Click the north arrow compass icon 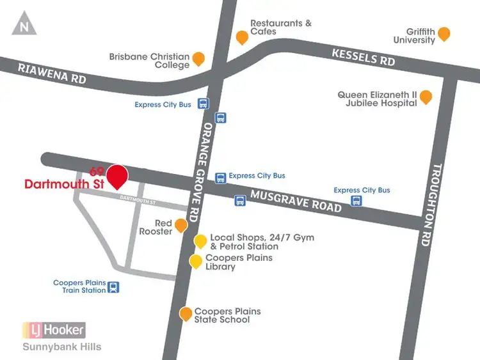tap(24, 25)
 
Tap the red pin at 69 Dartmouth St tap(117, 176)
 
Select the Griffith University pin tap(444, 34)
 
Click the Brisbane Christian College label tap(150, 61)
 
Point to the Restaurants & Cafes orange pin tap(242, 37)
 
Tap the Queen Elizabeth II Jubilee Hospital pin tap(426, 97)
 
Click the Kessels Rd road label tap(363, 57)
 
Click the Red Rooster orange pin tap(181, 225)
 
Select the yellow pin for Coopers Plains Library tap(195, 261)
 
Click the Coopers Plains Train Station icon tap(113, 287)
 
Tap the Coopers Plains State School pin tap(186, 313)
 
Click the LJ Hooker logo tap(54, 330)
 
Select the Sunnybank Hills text tap(61, 347)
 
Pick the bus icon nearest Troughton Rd tap(356, 201)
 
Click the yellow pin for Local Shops tap(200, 240)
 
